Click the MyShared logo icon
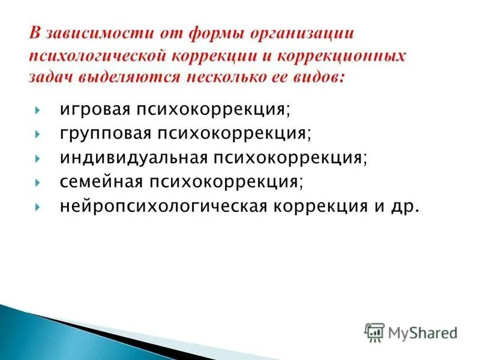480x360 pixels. click(x=375, y=331)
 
